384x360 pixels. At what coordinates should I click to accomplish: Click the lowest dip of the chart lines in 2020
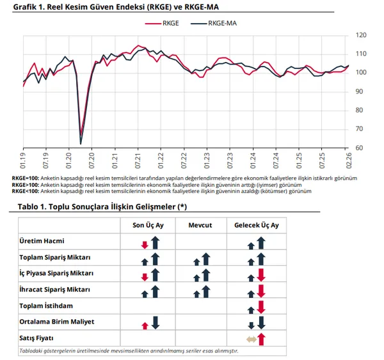tap(81, 142)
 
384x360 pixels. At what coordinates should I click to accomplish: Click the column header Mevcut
tap(200, 225)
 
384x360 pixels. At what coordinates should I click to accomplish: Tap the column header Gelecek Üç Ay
tap(255, 225)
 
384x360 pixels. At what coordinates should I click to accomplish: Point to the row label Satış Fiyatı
tap(37, 338)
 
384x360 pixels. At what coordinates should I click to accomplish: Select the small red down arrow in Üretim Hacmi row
tap(145, 244)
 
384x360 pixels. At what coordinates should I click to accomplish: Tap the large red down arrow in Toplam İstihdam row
tap(261, 306)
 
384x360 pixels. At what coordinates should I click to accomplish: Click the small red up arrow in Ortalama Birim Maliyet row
tap(145, 325)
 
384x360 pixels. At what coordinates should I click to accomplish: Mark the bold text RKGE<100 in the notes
tap(25, 191)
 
